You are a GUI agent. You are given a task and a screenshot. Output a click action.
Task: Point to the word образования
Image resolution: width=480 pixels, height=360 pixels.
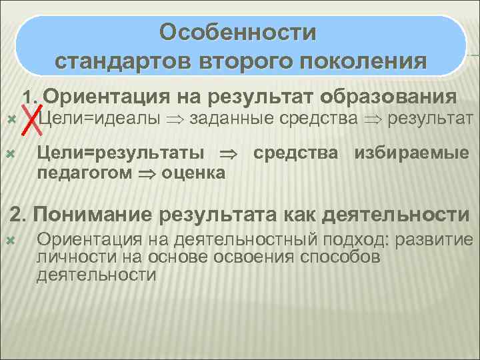point(389,97)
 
